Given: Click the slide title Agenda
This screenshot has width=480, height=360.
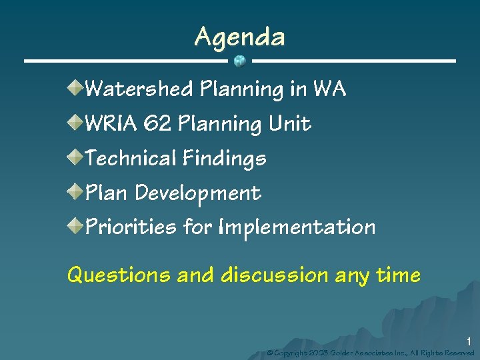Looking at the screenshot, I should click(x=239, y=37).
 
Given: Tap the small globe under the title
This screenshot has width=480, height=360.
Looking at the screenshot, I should click(x=240, y=61).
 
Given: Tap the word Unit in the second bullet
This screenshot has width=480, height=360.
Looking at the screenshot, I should click(x=289, y=123).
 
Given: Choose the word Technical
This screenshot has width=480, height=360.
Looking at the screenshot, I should click(x=131, y=158).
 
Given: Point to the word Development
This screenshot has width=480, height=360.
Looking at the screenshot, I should click(x=197, y=193).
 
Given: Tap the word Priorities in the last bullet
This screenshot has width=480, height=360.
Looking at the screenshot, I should click(x=131, y=227).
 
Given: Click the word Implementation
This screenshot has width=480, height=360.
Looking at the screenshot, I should click(x=296, y=227).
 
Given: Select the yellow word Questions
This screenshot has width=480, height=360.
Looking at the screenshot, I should click(x=119, y=275).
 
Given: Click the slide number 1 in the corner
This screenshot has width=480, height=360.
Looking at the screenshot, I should click(x=469, y=341).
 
